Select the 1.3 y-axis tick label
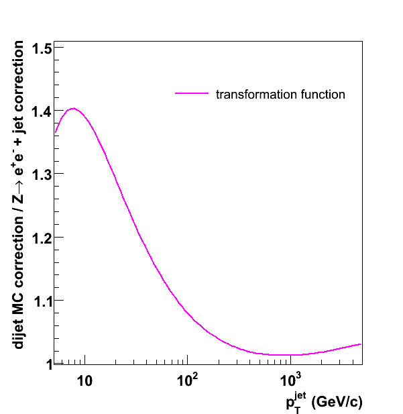(40, 174)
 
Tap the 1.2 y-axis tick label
(40, 238)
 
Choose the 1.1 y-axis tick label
(40, 301)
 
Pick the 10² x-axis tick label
(187, 378)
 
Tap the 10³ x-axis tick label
(290, 378)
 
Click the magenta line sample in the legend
(191, 95)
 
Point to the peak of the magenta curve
(72, 108)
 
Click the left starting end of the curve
(55, 132)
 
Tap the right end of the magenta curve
(361, 344)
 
